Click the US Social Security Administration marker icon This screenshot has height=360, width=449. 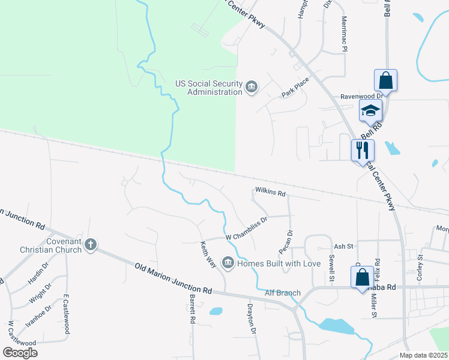[252, 88]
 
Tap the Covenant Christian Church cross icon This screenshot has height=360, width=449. [91, 244]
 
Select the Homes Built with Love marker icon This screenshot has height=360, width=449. [228, 262]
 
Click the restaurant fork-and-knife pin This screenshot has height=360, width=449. [363, 149]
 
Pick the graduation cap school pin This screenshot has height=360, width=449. [371, 110]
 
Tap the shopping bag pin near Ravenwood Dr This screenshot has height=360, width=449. [385, 80]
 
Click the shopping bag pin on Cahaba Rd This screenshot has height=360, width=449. [363, 277]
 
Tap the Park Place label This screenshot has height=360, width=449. [295, 87]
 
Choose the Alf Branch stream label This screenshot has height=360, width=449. [282, 293]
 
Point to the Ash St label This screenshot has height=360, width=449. [343, 246]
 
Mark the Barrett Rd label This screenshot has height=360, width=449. [193, 309]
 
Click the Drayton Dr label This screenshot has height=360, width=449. [252, 319]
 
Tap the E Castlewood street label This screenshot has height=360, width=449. [67, 315]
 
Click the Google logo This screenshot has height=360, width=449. [20, 353]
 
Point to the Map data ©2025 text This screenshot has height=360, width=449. [423, 355]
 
